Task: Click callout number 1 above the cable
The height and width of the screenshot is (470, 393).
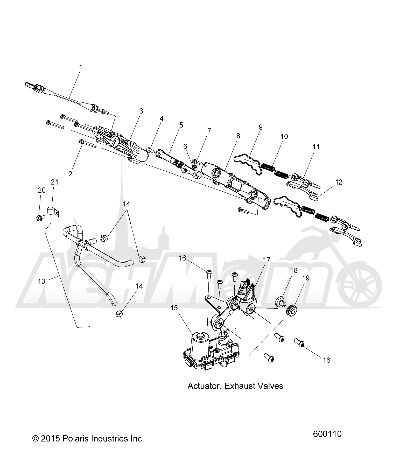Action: (81, 68)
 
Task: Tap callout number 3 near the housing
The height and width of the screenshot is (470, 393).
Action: (141, 111)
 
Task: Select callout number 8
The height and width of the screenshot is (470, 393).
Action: (238, 136)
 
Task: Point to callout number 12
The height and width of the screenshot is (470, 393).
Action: (339, 182)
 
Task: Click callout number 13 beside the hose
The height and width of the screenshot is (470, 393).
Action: (41, 281)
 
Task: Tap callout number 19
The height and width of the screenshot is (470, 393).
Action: (306, 278)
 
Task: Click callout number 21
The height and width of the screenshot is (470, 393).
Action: (54, 182)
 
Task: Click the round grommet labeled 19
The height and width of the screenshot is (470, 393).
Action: (292, 310)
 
